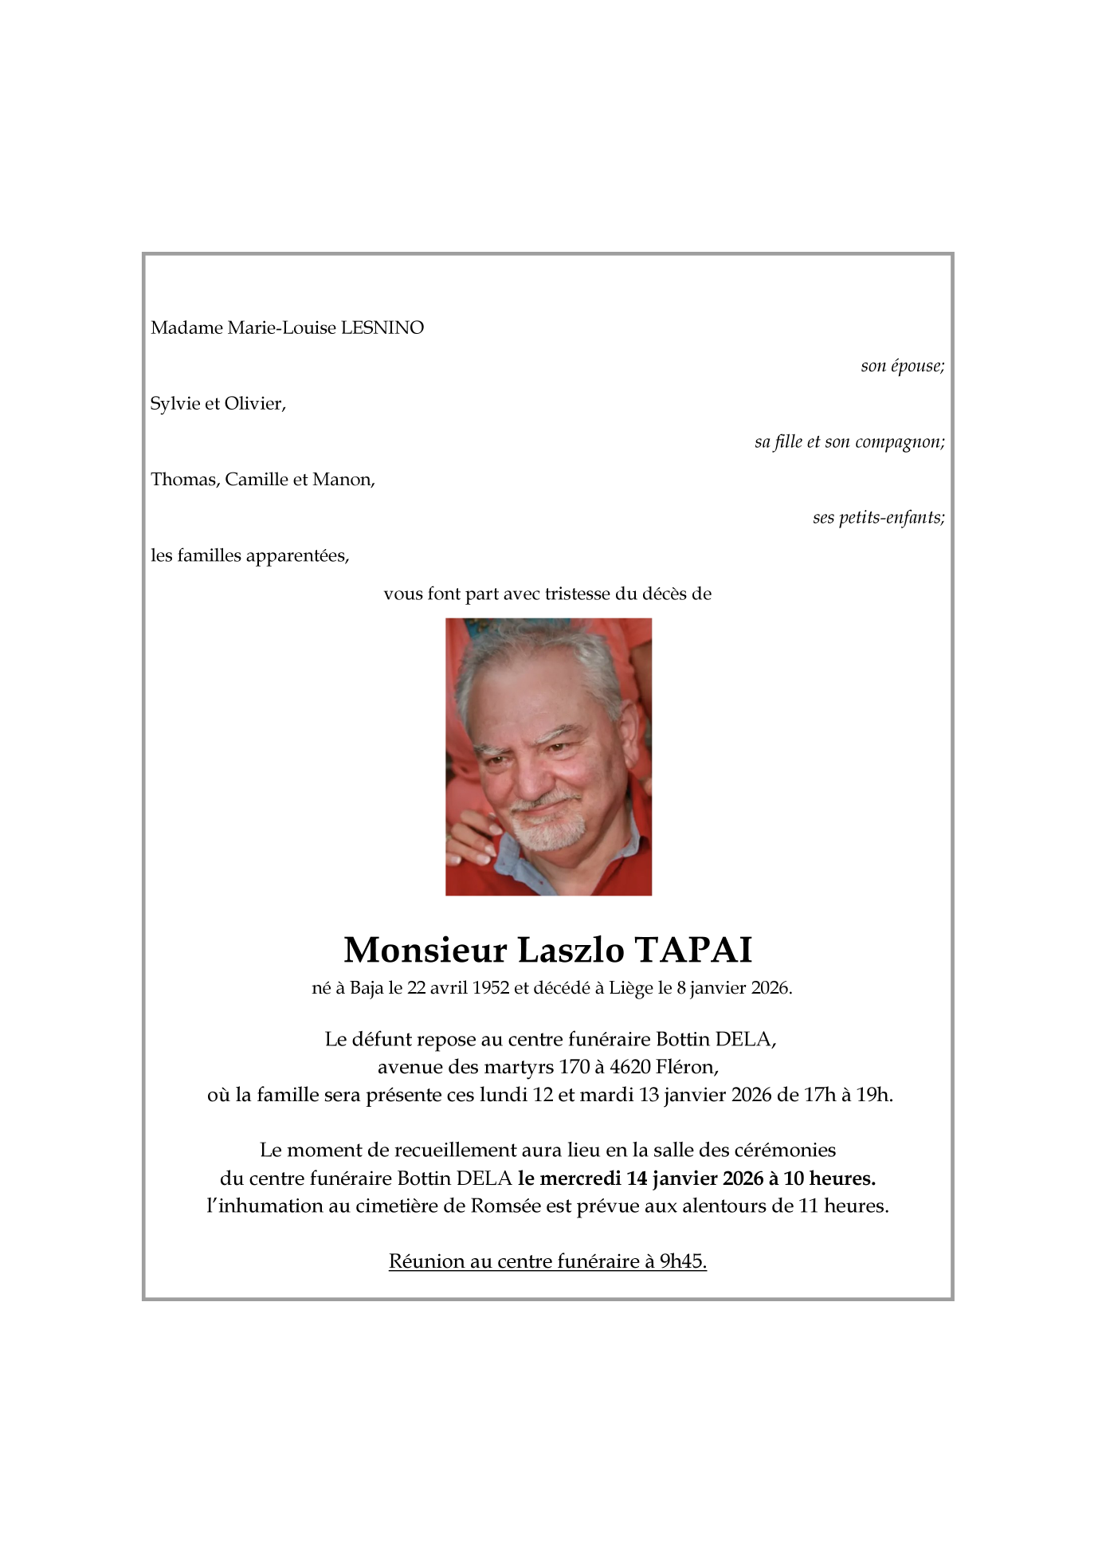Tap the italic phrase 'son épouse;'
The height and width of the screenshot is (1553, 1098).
coord(902,366)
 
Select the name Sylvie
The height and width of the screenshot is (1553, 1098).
coord(175,403)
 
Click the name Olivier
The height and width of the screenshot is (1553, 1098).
coord(254,403)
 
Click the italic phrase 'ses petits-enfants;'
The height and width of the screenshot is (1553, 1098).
coord(878,517)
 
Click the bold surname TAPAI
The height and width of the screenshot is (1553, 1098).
coord(692,949)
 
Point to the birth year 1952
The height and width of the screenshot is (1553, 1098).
coord(490,988)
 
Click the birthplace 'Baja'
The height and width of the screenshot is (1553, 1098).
coord(367,988)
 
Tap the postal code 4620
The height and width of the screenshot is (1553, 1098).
coord(630,1066)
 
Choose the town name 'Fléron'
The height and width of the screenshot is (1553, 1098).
coord(687,1066)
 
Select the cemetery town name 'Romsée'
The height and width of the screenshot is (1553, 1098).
coord(506,1206)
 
